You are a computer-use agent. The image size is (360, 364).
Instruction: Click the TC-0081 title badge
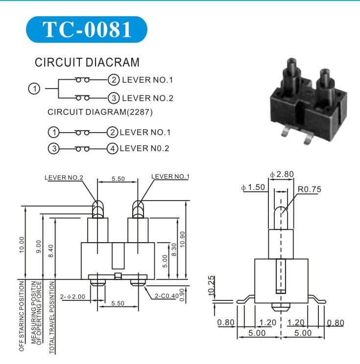(87, 29)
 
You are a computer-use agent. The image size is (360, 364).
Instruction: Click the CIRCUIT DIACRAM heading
(87, 63)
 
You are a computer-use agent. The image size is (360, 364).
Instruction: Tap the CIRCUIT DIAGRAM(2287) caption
(100, 112)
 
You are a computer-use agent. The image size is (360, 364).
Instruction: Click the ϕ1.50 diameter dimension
(253, 188)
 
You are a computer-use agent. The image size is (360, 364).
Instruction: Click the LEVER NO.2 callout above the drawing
(64, 177)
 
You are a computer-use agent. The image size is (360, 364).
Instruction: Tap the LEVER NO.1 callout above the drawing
(170, 177)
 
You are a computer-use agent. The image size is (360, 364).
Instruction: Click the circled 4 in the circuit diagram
(112, 148)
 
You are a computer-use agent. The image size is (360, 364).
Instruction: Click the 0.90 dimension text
(182, 294)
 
